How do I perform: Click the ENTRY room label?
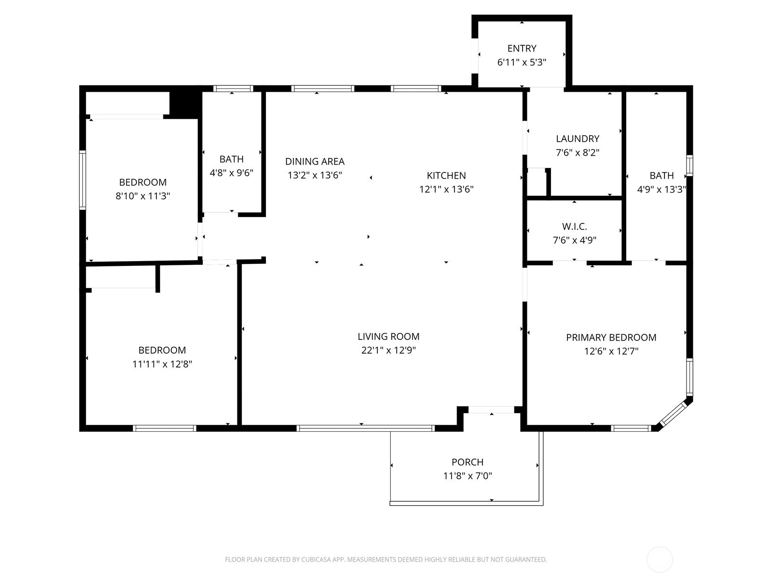tap(522, 48)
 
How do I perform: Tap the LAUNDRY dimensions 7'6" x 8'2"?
tap(578, 152)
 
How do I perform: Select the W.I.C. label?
tap(574, 226)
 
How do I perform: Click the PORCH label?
tap(467, 462)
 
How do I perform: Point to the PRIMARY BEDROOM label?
tap(611, 337)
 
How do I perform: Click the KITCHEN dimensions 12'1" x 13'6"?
tap(446, 189)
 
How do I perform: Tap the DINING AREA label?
tap(315, 161)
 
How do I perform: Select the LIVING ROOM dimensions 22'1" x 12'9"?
tap(388, 350)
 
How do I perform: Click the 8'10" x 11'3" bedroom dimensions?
tap(143, 196)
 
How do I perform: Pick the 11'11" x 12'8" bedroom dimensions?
tap(162, 364)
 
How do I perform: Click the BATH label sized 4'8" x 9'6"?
tap(232, 159)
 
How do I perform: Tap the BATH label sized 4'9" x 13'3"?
tap(662, 176)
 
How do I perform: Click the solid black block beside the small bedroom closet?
tap(185, 103)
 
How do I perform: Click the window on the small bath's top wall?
tap(233, 88)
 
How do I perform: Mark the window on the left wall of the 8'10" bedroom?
tap(83, 180)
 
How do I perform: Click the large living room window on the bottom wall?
tap(365, 428)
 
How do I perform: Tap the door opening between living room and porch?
tap(491, 410)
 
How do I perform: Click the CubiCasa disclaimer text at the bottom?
tap(386, 560)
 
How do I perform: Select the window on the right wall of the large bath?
tap(689, 165)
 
